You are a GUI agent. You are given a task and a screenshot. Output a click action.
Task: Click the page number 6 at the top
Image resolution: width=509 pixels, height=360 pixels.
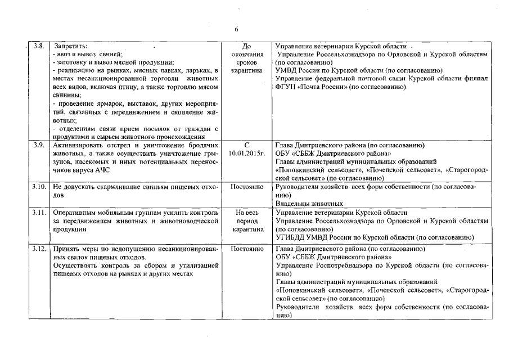pos(237,29)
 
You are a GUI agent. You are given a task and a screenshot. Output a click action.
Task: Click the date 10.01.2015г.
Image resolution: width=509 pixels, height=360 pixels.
pos(246,153)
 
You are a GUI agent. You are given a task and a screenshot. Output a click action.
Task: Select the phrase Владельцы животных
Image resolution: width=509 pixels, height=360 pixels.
pos(309,204)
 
